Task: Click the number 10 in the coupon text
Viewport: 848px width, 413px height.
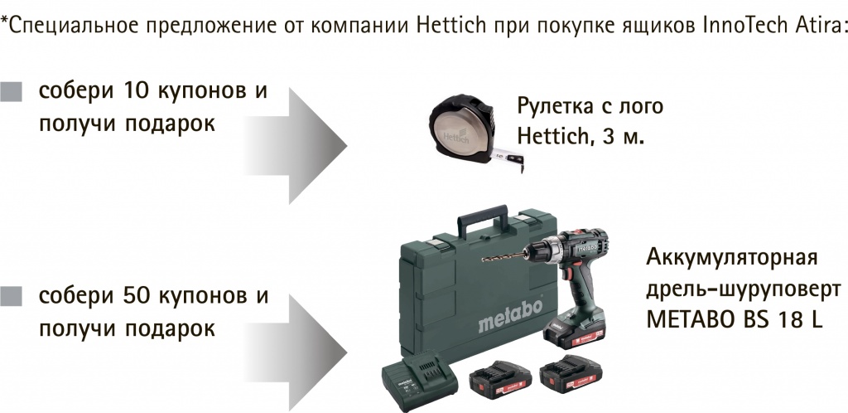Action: pyautogui.click(x=136, y=91)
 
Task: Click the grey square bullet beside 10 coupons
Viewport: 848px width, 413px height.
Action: pyautogui.click(x=12, y=91)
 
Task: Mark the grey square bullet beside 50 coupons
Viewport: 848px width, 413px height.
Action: pyautogui.click(x=12, y=296)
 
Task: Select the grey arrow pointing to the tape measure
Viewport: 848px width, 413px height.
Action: pyautogui.click(x=296, y=146)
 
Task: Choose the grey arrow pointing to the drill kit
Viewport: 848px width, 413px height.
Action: pyautogui.click(x=296, y=351)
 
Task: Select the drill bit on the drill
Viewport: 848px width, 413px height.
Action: pyautogui.click(x=503, y=256)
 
